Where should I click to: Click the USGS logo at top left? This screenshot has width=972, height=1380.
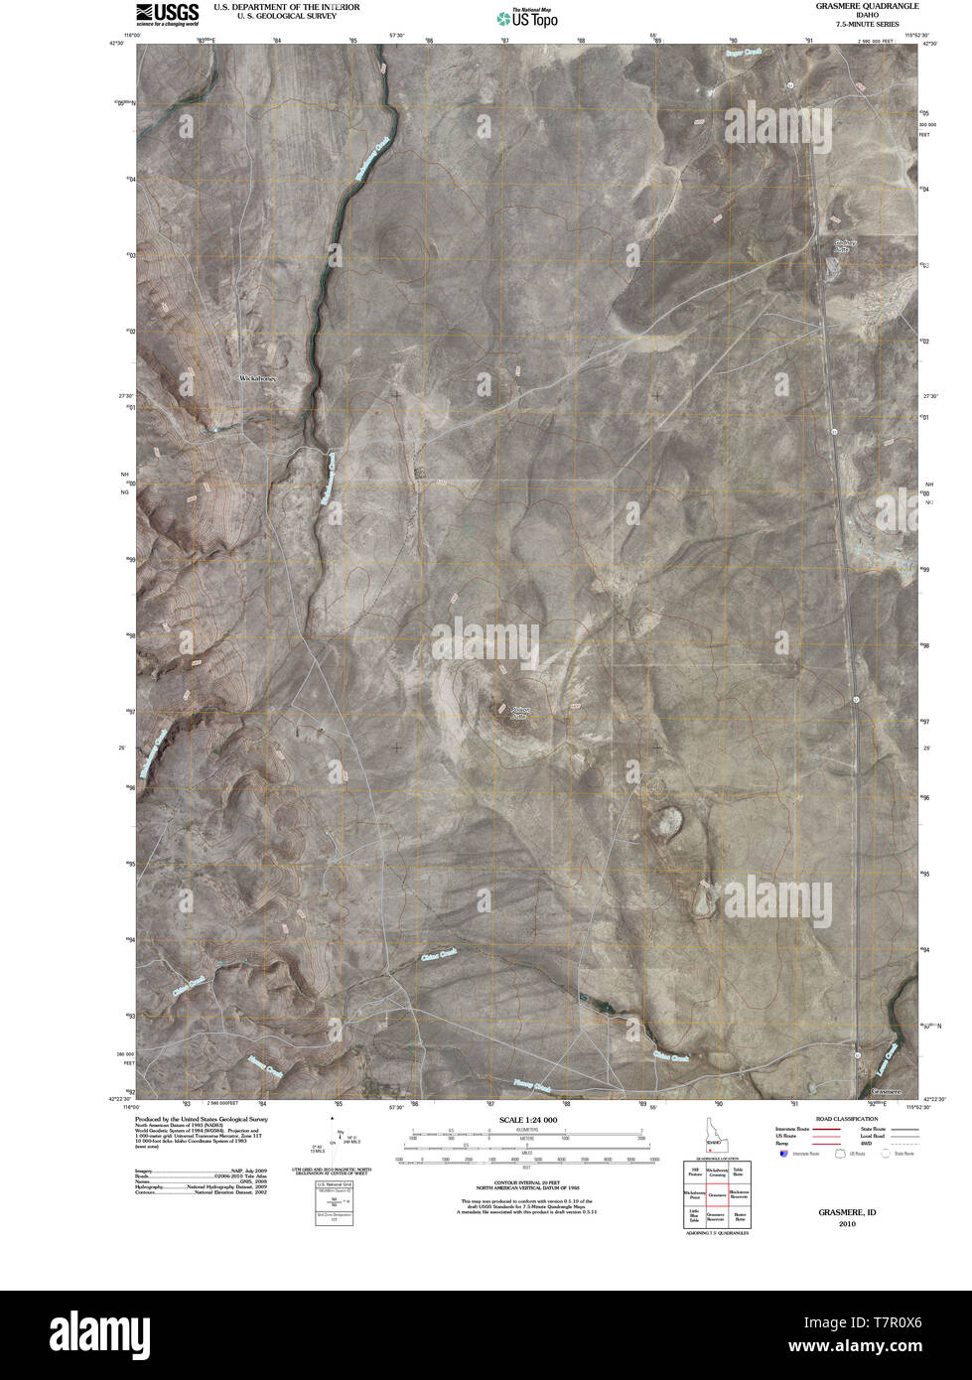[167, 13]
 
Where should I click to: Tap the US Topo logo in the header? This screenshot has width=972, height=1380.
[527, 17]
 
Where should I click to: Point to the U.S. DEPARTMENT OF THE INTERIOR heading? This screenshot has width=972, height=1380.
[287, 6]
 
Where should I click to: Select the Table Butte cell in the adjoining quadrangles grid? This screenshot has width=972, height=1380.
[739, 1174]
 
